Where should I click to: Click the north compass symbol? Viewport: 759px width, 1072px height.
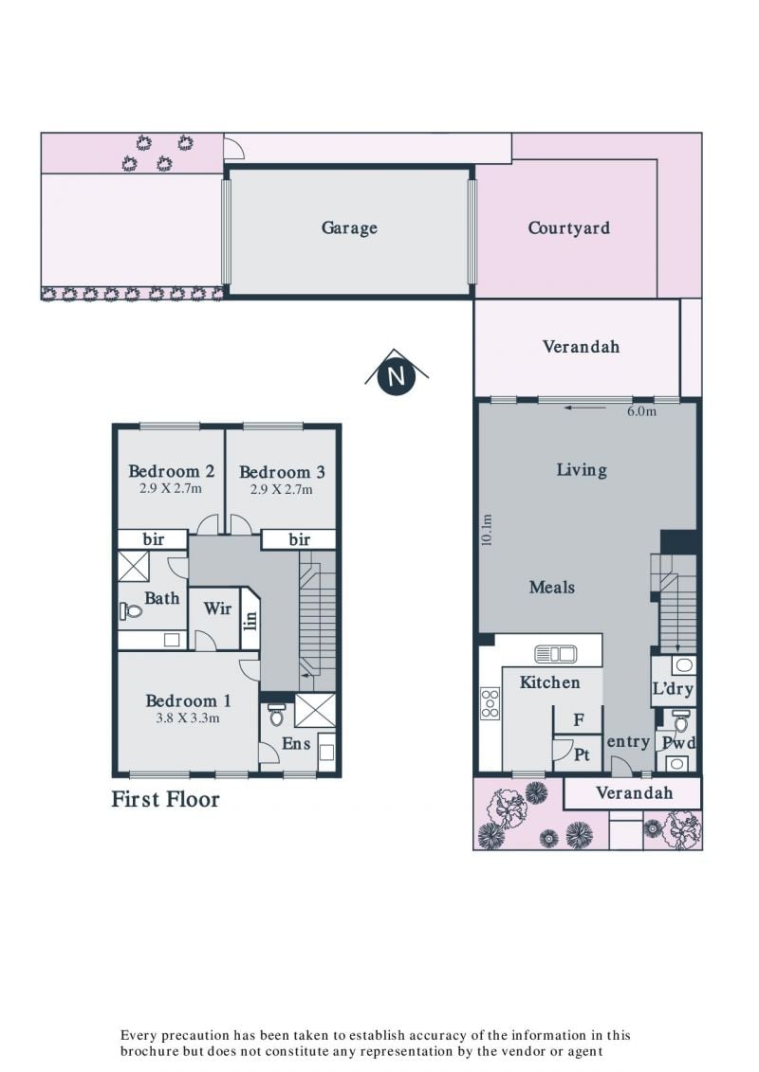(397, 373)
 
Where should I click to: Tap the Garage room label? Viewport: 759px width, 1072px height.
(349, 227)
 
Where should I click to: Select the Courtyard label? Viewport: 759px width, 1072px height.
(568, 227)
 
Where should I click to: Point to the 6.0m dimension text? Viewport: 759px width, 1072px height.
(641, 411)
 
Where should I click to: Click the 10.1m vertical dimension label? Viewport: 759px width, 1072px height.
(487, 530)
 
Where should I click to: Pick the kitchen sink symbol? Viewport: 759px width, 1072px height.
(555, 654)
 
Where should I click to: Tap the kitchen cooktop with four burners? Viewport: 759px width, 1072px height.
(491, 703)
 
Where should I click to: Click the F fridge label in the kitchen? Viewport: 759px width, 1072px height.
(579, 719)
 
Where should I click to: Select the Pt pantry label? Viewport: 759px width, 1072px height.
(581, 754)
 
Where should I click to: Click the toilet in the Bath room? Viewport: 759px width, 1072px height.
(131, 609)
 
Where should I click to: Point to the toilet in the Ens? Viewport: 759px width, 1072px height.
(276, 715)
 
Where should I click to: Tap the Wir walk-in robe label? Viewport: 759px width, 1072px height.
(217, 608)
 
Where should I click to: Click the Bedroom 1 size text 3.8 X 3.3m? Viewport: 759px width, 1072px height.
(188, 718)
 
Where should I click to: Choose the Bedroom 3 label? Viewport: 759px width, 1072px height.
(282, 472)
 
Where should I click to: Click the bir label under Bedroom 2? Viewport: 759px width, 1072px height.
(154, 539)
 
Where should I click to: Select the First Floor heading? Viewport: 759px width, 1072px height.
(166, 799)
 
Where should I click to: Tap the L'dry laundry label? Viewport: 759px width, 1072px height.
(673, 688)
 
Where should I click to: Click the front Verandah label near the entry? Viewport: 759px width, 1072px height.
(634, 793)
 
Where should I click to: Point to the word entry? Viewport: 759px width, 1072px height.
(627, 742)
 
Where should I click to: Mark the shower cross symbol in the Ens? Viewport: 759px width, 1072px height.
(316, 710)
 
